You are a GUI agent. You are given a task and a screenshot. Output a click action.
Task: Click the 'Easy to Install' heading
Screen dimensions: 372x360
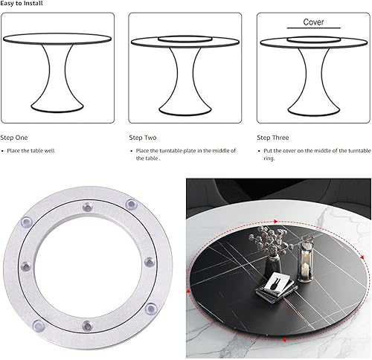click(x=22, y=3)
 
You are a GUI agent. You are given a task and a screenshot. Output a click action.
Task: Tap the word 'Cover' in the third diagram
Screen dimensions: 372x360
click(x=313, y=22)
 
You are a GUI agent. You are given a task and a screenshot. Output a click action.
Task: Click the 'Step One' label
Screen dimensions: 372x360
click(x=14, y=138)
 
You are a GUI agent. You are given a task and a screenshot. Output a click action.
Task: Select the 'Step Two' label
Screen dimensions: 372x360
click(x=143, y=138)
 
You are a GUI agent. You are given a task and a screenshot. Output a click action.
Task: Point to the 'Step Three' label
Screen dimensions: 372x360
click(x=273, y=138)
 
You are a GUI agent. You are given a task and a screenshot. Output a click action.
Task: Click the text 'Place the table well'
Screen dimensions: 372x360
click(x=31, y=151)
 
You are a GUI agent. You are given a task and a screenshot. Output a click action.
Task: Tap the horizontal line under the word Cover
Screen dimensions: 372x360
click(x=314, y=28)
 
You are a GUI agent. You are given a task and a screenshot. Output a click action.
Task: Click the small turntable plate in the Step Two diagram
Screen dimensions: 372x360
click(x=185, y=39)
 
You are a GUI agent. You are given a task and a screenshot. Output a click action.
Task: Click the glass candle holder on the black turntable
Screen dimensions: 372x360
click(x=305, y=259)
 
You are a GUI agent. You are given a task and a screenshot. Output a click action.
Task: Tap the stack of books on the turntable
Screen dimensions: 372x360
click(x=276, y=288)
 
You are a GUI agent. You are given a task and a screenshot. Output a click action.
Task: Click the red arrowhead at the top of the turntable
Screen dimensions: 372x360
click(x=275, y=222)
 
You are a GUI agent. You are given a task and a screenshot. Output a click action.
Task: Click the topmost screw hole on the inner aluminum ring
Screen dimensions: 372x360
click(x=87, y=207)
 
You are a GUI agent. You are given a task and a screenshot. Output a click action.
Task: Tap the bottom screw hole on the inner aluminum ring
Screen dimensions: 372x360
click(x=87, y=326)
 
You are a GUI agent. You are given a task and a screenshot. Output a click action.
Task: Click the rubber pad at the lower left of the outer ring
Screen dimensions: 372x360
click(x=39, y=326)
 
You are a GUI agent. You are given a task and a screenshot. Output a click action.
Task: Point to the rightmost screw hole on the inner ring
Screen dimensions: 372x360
click(x=150, y=263)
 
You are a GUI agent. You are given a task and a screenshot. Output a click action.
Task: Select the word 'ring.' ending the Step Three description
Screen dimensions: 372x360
click(x=269, y=158)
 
